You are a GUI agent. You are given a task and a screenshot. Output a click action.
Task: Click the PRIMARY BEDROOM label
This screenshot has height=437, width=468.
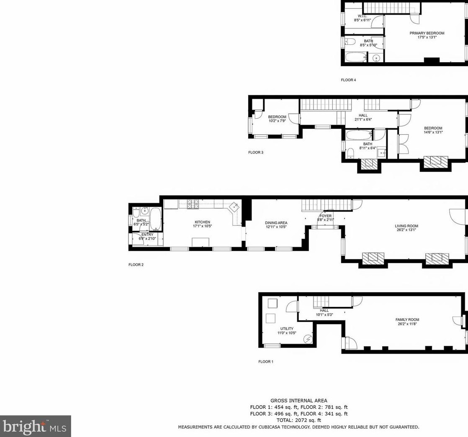(x=427, y=33)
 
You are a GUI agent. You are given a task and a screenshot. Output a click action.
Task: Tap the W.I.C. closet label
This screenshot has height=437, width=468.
(x=363, y=16)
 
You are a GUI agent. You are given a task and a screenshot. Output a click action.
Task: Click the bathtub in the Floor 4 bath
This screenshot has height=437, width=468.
(x=356, y=57)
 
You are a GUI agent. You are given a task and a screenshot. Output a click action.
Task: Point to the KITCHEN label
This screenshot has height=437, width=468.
(x=202, y=222)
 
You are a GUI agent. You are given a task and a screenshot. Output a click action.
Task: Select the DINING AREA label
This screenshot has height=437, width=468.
(x=276, y=222)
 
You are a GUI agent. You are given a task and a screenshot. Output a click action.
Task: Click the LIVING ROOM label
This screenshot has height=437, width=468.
(x=406, y=226)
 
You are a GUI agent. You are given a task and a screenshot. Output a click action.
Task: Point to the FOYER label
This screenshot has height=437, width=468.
(x=325, y=216)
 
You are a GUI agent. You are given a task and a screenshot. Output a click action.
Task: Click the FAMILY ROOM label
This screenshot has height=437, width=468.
(x=407, y=319)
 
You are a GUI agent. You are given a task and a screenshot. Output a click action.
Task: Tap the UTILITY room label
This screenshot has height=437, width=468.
(x=287, y=329)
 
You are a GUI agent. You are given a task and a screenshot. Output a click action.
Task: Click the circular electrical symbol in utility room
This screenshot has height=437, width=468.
(x=308, y=339)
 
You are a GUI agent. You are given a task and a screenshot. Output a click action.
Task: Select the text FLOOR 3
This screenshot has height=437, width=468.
(x=256, y=152)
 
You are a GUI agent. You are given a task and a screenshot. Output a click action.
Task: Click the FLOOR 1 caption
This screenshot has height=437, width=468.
(x=266, y=362)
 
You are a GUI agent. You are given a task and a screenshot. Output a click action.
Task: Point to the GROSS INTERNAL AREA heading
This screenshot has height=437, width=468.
(x=299, y=401)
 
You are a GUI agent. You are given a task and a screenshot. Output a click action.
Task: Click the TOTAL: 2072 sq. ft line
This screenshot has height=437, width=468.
(x=299, y=420)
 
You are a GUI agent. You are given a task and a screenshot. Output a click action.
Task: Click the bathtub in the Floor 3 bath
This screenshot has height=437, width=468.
(x=358, y=135)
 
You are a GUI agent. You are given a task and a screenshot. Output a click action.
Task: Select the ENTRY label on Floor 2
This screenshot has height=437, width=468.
(x=147, y=235)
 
